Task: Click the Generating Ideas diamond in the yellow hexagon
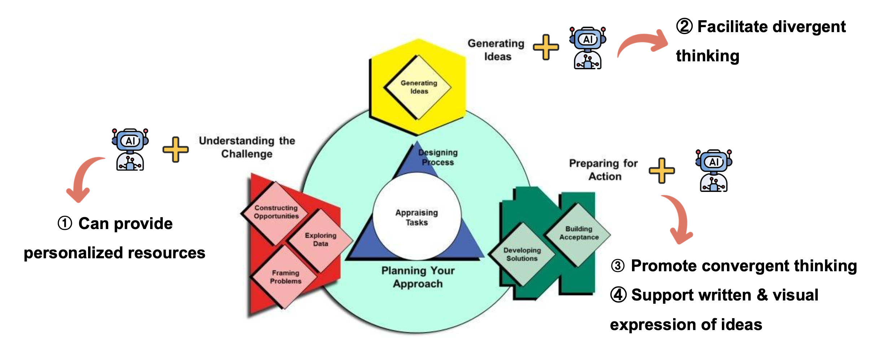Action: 418,87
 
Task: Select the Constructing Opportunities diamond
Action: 276,212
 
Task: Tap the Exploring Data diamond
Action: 321,240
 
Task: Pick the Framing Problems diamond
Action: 285,277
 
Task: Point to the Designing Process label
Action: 438,157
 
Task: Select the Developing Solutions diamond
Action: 522,254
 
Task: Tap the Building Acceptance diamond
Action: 579,233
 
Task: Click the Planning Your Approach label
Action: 418,277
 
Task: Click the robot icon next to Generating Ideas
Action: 588,48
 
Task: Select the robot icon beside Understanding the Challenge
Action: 130,149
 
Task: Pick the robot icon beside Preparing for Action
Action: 714,170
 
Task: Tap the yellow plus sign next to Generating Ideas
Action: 546,47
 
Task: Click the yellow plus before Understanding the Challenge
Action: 175,149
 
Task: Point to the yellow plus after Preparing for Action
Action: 662,170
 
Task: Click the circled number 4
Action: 618,295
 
